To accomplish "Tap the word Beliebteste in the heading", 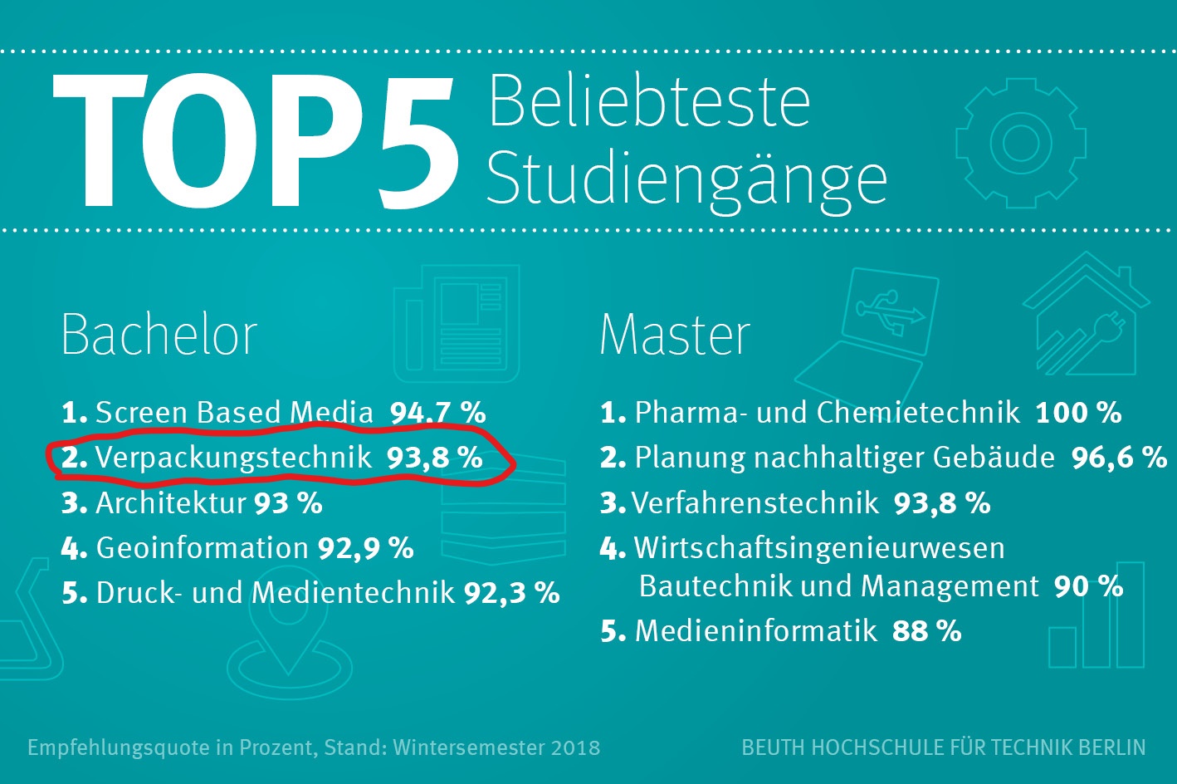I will click(x=648, y=102).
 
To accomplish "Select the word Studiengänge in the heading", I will click(x=686, y=179).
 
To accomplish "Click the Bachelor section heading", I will click(x=159, y=335).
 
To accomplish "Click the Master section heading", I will click(x=674, y=335).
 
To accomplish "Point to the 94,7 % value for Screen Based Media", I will click(x=437, y=413).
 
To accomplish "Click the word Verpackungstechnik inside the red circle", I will click(x=233, y=458).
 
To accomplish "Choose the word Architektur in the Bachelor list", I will click(x=171, y=503).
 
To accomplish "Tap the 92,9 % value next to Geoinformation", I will click(x=365, y=548).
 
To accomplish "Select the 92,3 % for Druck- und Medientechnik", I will click(x=511, y=593).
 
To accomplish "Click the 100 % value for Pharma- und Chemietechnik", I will click(x=1078, y=413).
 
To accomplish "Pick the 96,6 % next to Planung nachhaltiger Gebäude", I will click(x=1119, y=458).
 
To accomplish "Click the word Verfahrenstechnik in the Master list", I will click(x=755, y=503).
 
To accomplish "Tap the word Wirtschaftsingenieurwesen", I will click(x=819, y=548).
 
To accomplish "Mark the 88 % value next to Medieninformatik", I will click(x=926, y=631).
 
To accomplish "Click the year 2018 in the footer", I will click(x=574, y=747).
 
